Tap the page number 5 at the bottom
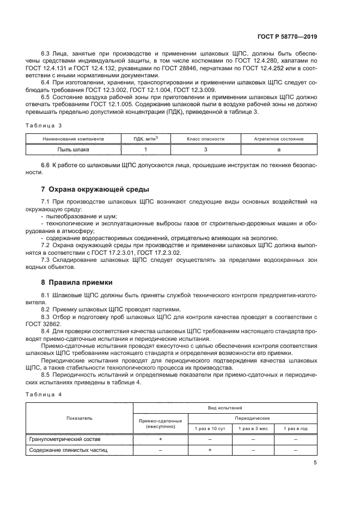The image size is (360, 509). (315, 463)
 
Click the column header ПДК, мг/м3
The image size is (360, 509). (146, 139)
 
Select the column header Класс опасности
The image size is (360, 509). (205, 139)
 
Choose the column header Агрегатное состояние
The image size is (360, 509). (279, 139)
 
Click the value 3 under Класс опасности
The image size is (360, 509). (205, 149)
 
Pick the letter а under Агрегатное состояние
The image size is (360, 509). (279, 149)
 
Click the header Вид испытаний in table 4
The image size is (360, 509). (225, 407)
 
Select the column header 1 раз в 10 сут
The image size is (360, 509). (210, 428)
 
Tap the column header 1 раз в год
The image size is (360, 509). (296, 428)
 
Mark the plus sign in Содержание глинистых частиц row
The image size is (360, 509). (210, 450)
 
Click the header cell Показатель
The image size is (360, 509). (80, 418)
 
